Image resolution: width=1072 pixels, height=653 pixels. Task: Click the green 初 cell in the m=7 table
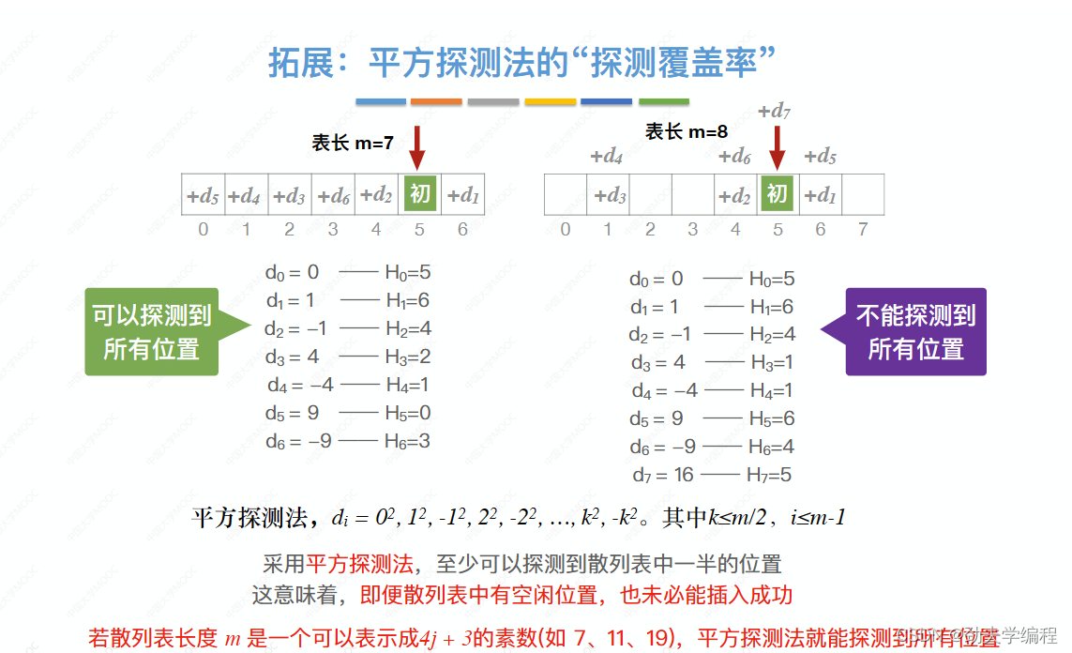[x=420, y=195]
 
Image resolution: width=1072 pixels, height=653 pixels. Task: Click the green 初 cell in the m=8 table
[x=777, y=195]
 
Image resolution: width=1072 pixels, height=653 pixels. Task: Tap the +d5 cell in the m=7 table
[x=203, y=196]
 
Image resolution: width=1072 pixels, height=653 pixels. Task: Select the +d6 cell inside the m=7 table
[x=333, y=196]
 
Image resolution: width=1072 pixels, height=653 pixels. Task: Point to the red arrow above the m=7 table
[x=417, y=148]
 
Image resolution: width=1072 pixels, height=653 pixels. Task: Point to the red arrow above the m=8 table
[x=777, y=148]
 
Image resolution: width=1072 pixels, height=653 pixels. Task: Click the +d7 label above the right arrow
[x=776, y=112]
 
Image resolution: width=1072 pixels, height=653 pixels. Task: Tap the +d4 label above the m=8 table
[x=607, y=156]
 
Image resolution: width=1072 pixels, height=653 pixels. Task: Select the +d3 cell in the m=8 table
[x=609, y=196]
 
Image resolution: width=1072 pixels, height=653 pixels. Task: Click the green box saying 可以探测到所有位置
[x=151, y=331]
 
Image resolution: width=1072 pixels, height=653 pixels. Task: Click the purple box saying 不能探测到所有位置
[x=915, y=331]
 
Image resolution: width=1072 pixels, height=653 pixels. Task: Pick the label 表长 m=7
[x=353, y=143]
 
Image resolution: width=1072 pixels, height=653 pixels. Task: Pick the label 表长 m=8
[x=687, y=132]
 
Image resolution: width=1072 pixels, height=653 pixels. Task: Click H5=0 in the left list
[x=408, y=413]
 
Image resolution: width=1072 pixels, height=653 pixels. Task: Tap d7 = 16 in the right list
[x=661, y=476]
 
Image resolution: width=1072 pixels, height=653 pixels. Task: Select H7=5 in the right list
[x=770, y=476]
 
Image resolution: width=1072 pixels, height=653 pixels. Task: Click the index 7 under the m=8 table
[x=863, y=229]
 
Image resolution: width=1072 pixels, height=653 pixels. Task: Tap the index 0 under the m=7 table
[x=203, y=229]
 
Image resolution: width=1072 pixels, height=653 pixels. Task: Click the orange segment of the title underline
[x=436, y=101]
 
